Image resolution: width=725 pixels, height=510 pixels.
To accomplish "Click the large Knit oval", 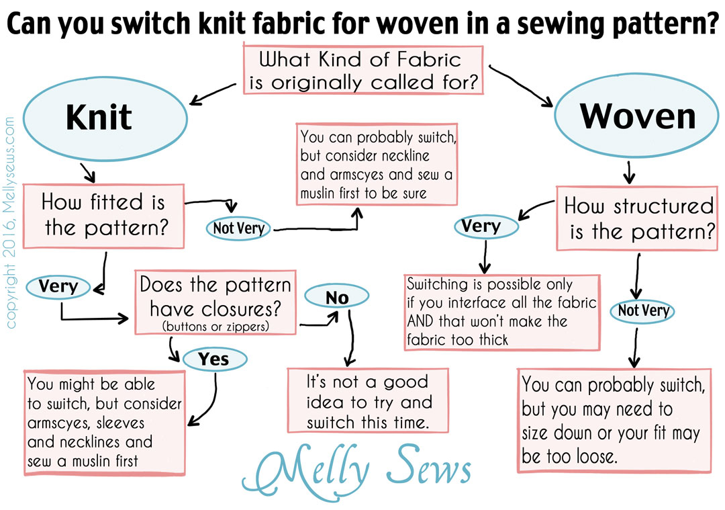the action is [x=105, y=118].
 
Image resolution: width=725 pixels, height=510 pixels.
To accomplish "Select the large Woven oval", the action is [x=636, y=115].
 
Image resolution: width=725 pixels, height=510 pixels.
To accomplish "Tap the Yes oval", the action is [x=215, y=359].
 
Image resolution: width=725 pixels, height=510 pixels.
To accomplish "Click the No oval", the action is [x=337, y=296].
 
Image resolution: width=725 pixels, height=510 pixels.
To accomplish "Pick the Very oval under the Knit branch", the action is [x=58, y=286].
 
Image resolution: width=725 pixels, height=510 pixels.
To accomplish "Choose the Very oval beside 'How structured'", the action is [x=486, y=226].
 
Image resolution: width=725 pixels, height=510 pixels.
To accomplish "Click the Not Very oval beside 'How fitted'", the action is [x=238, y=228].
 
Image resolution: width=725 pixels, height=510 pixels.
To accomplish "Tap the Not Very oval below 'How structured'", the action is [x=642, y=310].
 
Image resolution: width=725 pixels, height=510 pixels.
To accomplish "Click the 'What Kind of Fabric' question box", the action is [x=363, y=70].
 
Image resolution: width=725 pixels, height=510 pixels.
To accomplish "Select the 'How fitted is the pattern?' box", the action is [x=103, y=216].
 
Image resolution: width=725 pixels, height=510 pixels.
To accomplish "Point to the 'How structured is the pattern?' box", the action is [x=637, y=218].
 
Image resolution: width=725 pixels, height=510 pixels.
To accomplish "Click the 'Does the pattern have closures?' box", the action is [x=215, y=302].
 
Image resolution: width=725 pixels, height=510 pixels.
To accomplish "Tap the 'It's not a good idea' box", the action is [x=368, y=400].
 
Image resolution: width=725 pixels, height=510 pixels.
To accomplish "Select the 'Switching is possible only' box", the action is [x=502, y=312].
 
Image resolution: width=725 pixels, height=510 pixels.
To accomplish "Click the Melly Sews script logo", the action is [x=356, y=470].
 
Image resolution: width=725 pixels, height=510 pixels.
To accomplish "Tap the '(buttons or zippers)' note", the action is [x=215, y=327].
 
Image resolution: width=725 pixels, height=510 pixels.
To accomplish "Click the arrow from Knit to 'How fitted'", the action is [x=88, y=172].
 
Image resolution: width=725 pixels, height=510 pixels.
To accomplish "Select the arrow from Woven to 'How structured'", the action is [x=629, y=172].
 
